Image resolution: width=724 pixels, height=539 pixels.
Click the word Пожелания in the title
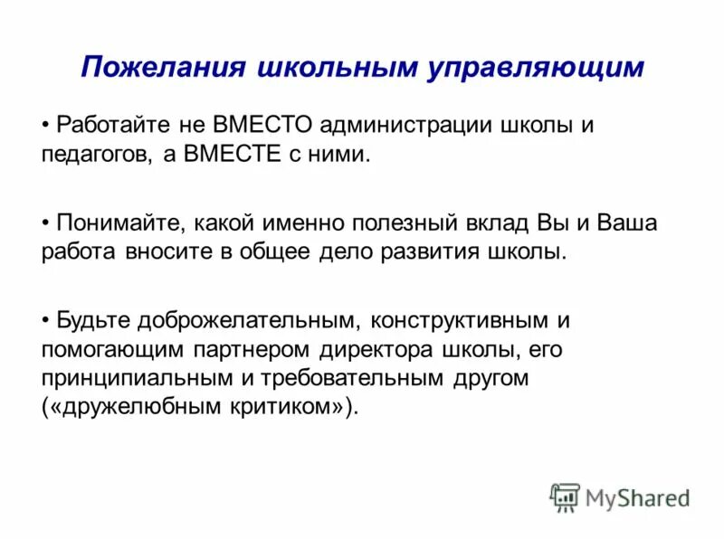162,69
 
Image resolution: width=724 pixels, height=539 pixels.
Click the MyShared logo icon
564,496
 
